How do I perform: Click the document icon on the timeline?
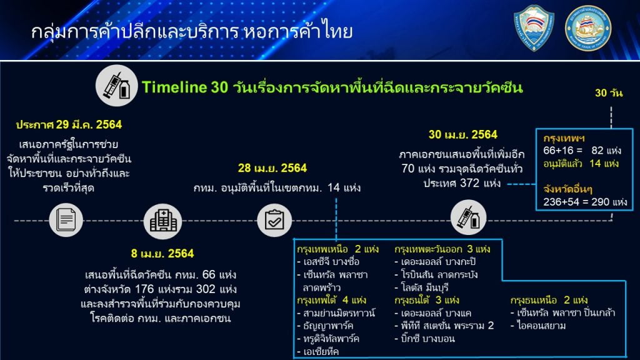coord(66,220)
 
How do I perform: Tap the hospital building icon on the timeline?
coord(163,221)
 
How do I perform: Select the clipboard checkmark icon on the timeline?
coord(274,220)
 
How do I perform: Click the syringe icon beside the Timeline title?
coord(116,86)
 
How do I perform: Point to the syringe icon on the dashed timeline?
coord(468,217)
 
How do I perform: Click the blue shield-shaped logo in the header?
coord(534,27)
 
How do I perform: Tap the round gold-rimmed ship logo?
coord(587,28)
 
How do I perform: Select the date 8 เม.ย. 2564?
coord(162,254)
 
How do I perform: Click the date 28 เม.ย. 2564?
coord(272,168)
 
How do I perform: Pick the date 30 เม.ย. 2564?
coord(463,135)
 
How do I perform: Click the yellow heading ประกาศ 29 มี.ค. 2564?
coord(69,124)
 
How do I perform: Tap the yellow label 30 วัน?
coord(609,93)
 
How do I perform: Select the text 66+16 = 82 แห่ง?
coord(582,151)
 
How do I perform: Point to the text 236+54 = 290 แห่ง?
coord(585,202)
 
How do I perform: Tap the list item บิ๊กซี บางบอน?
coord(424,338)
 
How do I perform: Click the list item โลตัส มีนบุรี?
coord(422,287)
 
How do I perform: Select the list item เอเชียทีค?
coord(318,351)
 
